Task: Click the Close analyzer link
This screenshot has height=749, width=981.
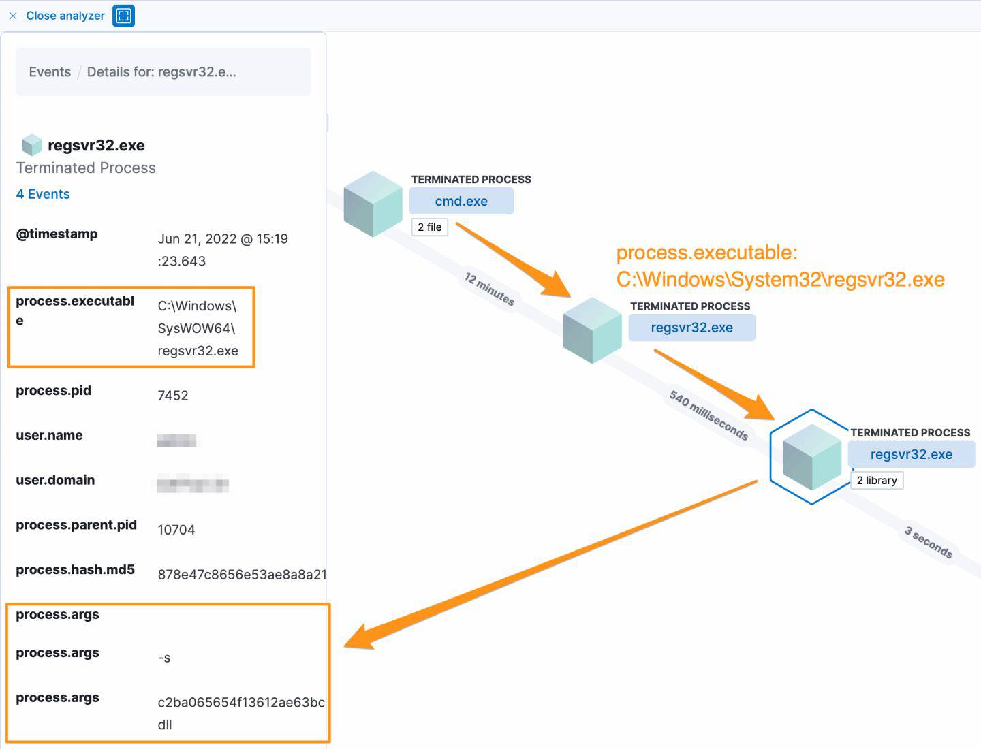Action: tap(65, 16)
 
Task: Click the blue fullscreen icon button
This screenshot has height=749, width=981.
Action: tap(123, 16)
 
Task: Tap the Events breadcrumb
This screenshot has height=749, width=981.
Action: tap(50, 72)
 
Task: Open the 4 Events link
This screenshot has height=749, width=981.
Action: tap(43, 194)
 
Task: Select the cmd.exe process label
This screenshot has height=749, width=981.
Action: tap(461, 202)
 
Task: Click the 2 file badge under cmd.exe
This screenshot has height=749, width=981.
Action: tap(429, 227)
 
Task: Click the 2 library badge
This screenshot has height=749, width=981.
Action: tap(877, 481)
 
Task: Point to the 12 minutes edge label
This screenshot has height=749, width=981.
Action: tap(489, 289)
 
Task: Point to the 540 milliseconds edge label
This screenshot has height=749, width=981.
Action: tap(708, 415)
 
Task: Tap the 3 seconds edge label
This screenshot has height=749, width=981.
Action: tap(928, 542)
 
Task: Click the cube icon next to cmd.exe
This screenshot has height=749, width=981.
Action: tap(373, 204)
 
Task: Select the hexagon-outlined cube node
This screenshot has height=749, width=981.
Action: tap(811, 457)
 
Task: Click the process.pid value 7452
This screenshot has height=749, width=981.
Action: tap(173, 396)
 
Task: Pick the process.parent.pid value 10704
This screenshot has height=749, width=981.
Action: tap(176, 530)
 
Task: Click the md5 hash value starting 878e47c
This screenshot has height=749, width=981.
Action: tap(242, 575)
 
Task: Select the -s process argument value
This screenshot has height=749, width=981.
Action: tap(164, 658)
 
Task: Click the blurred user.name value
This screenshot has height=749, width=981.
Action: tap(176, 441)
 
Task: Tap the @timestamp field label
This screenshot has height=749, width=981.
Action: tap(57, 234)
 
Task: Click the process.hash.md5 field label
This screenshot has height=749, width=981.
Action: tap(75, 570)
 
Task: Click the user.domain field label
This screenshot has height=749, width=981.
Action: tap(55, 480)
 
